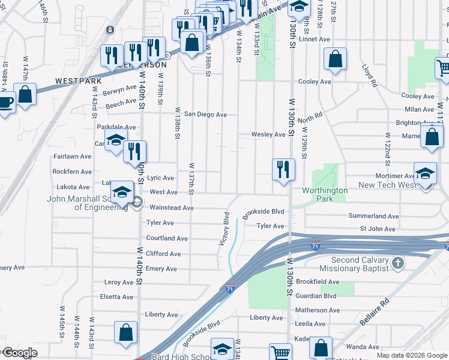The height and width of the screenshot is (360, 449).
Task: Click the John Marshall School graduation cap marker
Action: (122, 192)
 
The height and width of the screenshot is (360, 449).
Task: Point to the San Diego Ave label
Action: (205, 114)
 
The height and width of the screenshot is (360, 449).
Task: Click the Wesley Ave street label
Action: (268, 134)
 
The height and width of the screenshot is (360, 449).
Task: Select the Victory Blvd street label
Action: (226, 229)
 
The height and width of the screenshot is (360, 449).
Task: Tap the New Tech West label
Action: (387, 185)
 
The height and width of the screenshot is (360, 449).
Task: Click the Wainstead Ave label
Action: (171, 208)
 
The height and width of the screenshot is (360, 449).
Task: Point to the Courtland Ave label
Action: (168, 238)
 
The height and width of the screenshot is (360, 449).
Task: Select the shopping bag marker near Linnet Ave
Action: (335, 59)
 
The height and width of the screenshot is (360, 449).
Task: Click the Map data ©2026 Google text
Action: (411, 355)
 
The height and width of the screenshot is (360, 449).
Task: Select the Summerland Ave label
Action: (373, 216)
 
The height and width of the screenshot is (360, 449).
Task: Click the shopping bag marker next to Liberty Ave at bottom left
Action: (125, 332)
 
